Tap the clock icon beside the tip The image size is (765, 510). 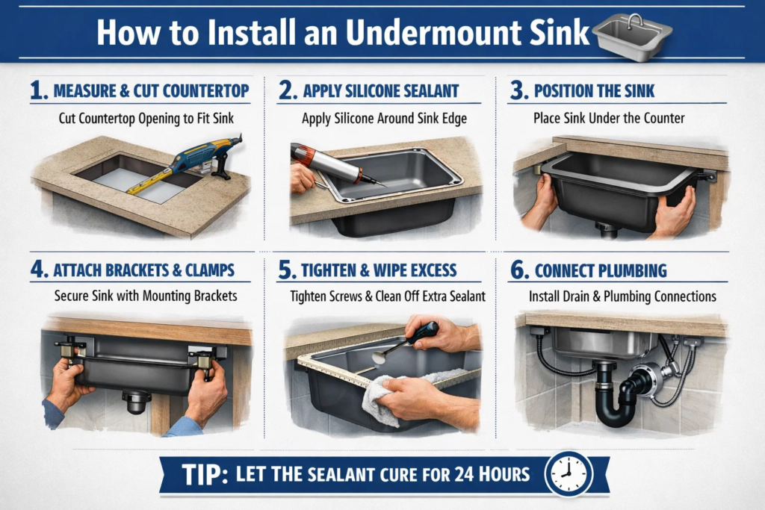569,473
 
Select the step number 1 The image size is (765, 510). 39,91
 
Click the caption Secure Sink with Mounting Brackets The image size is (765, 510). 146,296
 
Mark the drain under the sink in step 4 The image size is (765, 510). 136,401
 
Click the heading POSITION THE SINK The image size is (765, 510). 595,92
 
